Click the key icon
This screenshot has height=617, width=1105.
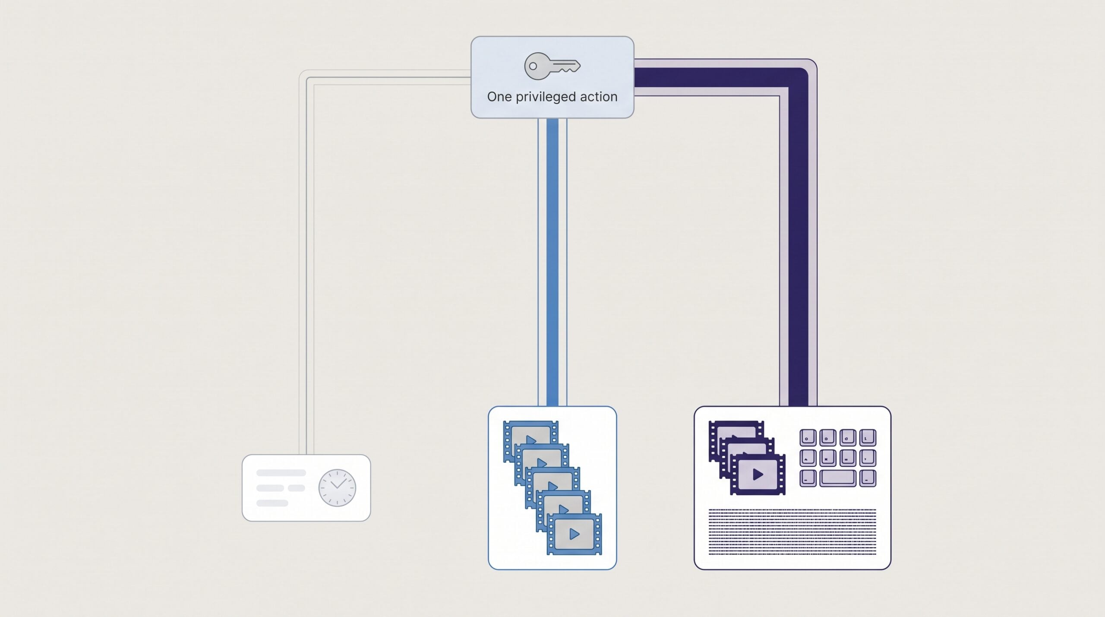(552, 66)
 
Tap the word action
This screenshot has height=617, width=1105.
(599, 97)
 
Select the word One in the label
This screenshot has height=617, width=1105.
(499, 97)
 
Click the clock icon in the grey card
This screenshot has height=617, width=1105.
(337, 488)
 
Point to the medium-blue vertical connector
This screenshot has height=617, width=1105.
(552, 262)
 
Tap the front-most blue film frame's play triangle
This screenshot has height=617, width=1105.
(574, 534)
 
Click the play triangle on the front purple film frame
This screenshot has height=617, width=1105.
(758, 475)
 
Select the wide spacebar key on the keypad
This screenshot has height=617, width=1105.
(838, 478)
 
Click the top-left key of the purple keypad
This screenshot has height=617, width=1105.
(808, 437)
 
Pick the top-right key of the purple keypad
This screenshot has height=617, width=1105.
(868, 437)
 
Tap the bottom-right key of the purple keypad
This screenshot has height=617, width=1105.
(868, 478)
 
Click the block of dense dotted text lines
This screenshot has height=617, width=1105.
(792, 531)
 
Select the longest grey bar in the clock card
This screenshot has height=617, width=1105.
(281, 473)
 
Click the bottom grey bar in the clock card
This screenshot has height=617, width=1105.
(272, 503)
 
